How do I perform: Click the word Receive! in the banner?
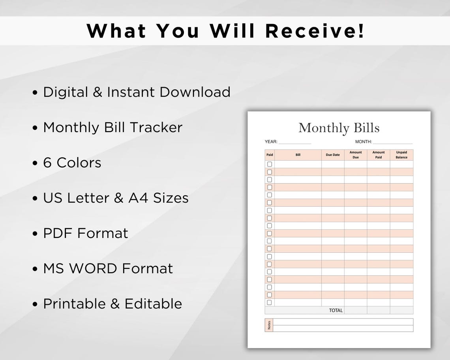click(315, 31)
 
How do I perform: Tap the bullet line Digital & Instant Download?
click(137, 92)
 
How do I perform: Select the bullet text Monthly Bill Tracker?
click(112, 127)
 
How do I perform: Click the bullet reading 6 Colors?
click(72, 163)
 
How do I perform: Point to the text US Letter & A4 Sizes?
click(116, 198)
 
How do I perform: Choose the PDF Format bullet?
click(86, 233)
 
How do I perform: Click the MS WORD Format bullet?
click(108, 268)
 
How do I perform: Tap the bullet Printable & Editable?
click(112, 304)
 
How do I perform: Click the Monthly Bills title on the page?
click(339, 128)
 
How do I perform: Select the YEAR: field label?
click(271, 142)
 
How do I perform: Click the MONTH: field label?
click(364, 142)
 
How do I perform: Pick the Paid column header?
click(270, 155)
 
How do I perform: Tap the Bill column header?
click(298, 155)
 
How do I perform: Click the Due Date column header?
click(333, 155)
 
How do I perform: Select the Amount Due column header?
click(356, 155)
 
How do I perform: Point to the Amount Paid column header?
click(379, 155)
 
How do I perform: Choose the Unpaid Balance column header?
click(401, 155)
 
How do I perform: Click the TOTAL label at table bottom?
click(336, 311)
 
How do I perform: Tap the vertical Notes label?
click(269, 325)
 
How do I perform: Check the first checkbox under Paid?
click(270, 164)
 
